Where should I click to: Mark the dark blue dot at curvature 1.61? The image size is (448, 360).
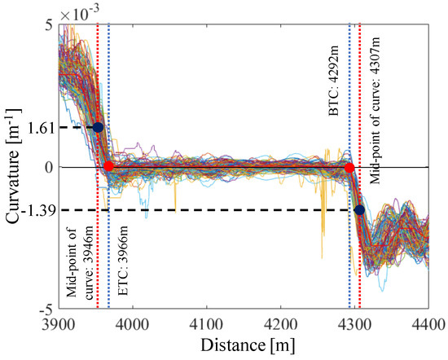pos(99,127)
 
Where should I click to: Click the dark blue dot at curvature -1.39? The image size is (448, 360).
pos(359,210)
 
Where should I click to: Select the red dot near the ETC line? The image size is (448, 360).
pos(109,167)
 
